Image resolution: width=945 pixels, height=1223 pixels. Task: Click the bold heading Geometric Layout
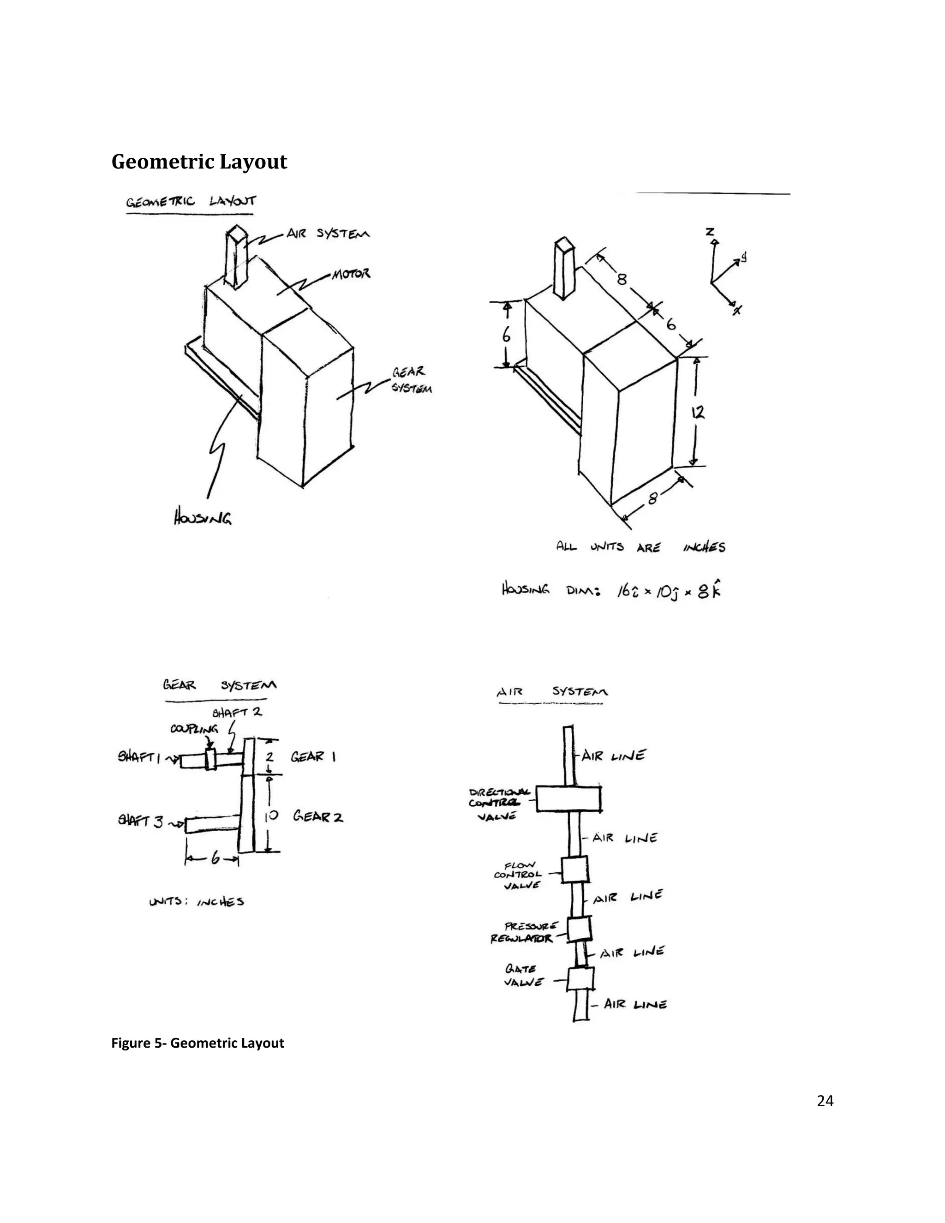tap(199, 162)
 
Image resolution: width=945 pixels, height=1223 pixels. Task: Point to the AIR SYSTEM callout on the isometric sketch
tap(328, 234)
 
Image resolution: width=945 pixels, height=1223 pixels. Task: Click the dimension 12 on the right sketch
tap(698, 413)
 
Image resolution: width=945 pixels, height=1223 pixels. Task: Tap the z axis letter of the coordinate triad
tap(710, 231)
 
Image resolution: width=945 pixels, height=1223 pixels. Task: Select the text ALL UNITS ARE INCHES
tap(640, 546)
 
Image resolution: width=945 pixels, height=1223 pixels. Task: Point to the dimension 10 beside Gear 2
tap(271, 815)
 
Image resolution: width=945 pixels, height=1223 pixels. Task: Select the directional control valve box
tap(568, 798)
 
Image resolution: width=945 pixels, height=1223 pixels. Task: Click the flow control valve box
tap(574, 869)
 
